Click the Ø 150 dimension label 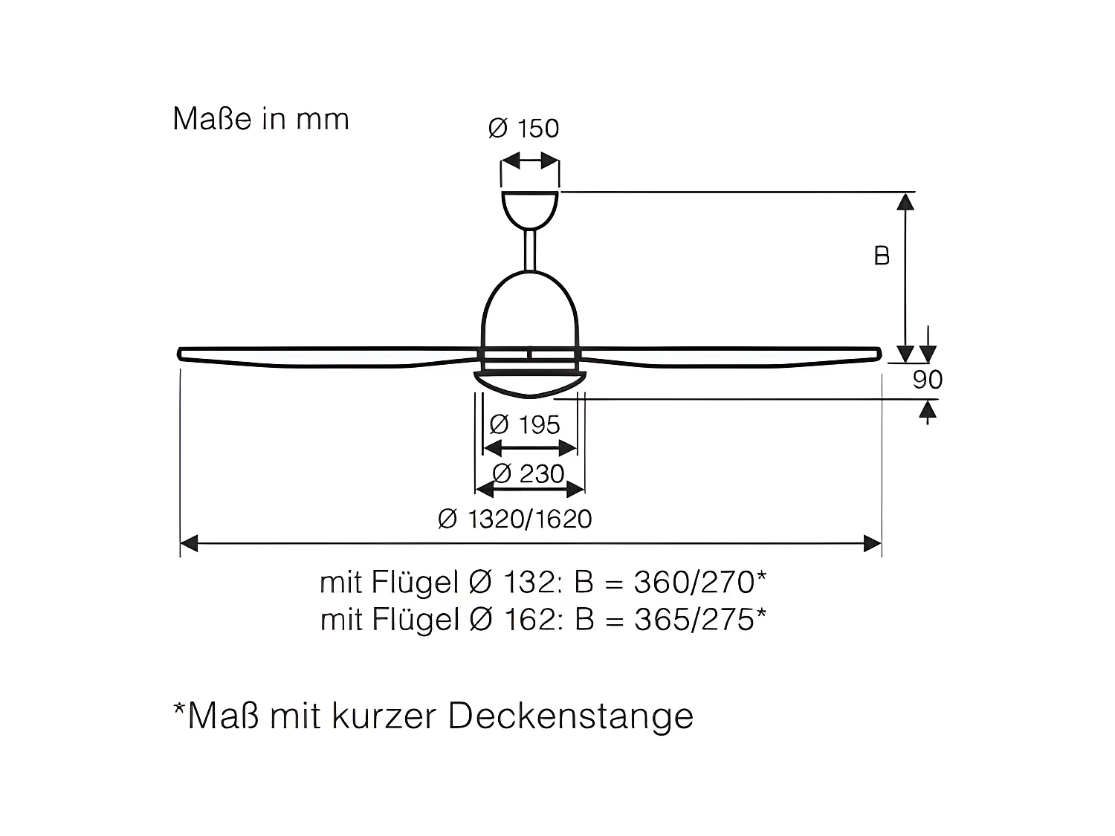point(523,129)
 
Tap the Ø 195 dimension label point(525,425)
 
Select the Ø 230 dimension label point(528,473)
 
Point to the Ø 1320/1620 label point(515,519)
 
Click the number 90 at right point(927,380)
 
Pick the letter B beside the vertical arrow point(882,256)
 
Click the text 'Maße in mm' point(261,120)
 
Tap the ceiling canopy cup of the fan point(530,207)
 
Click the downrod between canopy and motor point(530,250)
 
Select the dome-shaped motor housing point(529,312)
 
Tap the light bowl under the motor point(529,382)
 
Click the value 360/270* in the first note point(699,582)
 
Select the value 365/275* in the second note point(699,619)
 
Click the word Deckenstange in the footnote point(570,716)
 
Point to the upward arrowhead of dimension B point(905,201)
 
